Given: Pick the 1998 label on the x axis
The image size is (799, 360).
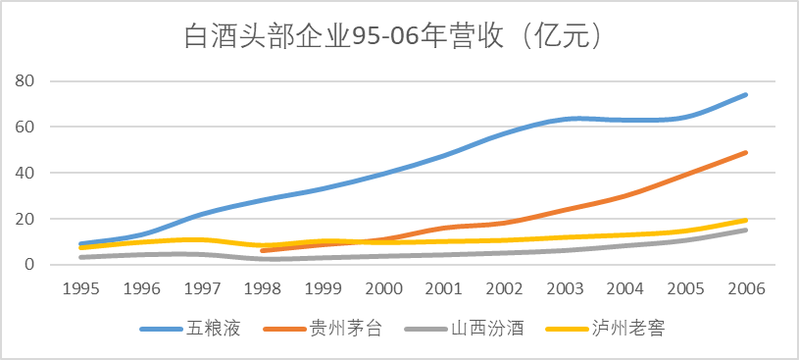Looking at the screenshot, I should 263,289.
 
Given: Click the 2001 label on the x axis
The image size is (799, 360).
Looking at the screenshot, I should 444,289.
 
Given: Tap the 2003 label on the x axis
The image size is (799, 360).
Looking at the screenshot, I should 565,289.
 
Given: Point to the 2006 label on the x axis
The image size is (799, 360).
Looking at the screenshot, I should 746,289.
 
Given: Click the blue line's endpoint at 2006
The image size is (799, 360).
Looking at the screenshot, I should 746,94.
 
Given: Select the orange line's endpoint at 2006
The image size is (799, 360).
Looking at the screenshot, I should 746,152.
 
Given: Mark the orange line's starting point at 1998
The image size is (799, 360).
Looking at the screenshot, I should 263,251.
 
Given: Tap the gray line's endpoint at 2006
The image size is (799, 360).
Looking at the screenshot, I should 746,230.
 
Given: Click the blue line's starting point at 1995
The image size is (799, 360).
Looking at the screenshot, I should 81,243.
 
